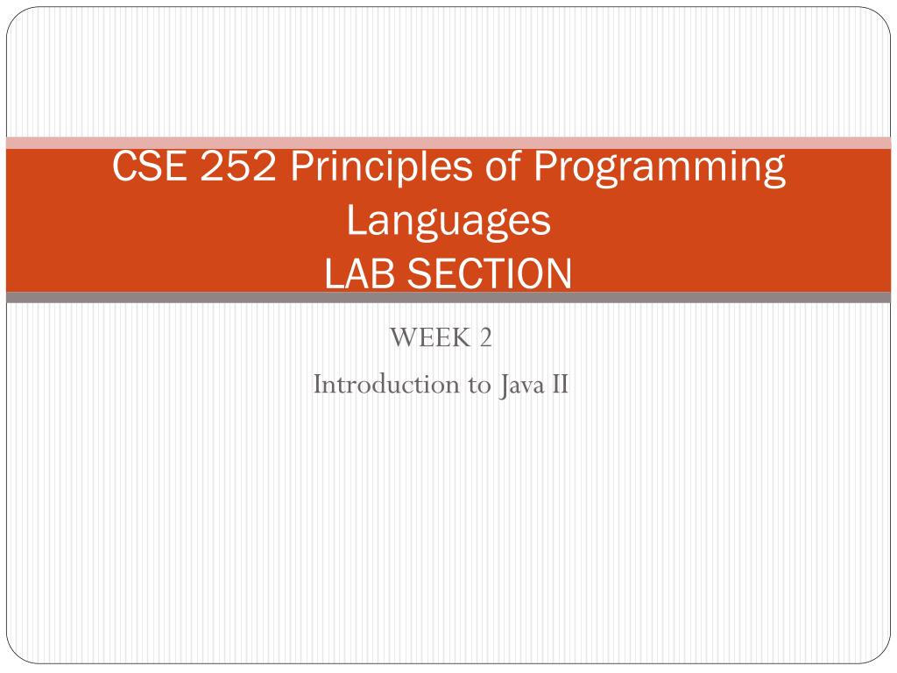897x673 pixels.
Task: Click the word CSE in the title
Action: click(149, 166)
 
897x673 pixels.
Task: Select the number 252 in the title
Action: click(238, 166)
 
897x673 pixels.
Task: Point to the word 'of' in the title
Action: click(504, 166)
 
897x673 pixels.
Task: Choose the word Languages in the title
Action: click(448, 222)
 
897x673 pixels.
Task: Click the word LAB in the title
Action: click(360, 273)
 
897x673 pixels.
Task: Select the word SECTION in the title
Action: click(489, 273)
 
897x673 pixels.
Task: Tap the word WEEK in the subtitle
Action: click(429, 337)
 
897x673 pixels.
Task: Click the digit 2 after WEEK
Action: click(485, 337)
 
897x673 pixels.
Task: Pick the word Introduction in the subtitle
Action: click(386, 384)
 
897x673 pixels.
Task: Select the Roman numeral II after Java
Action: click(560, 384)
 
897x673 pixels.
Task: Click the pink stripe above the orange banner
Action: click(448, 143)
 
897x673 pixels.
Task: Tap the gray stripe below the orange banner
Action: click(448, 298)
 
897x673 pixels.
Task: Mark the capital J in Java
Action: click(504, 386)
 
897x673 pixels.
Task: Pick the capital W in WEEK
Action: click(404, 337)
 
